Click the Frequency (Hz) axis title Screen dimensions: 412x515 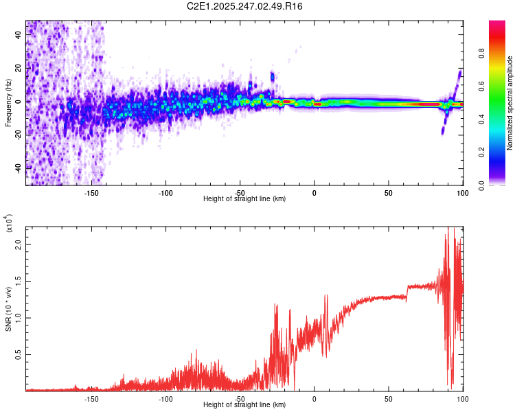pyautogui.click(x=9, y=103)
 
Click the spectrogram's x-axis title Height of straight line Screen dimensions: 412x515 pyautogui.click(x=245, y=198)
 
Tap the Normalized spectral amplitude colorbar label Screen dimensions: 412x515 pyautogui.click(x=510, y=103)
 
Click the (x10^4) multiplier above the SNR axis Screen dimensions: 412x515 pyautogui.click(x=10, y=223)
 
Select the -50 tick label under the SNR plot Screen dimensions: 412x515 pyautogui.click(x=240, y=398)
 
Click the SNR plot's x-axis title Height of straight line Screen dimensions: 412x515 pyautogui.click(x=245, y=404)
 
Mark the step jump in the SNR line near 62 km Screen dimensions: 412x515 pyautogui.click(x=407, y=291)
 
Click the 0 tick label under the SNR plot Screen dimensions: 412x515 pyautogui.click(x=314, y=398)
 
